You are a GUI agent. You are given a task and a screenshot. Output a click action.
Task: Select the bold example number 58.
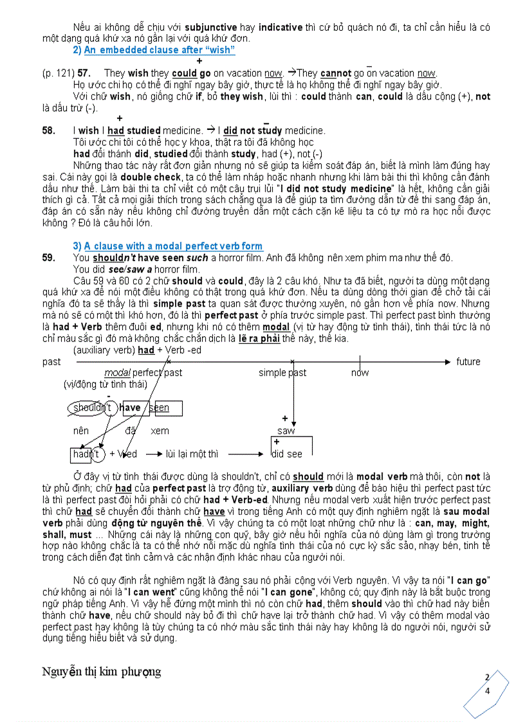pyautogui.click(x=49, y=131)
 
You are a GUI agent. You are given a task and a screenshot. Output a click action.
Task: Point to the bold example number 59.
pyautogui.click(x=49, y=258)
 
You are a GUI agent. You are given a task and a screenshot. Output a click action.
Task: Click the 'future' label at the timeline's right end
pyautogui.click(x=468, y=361)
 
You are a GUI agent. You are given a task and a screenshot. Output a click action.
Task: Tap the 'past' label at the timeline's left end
pyautogui.click(x=51, y=361)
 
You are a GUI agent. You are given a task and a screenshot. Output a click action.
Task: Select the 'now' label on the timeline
pyautogui.click(x=360, y=373)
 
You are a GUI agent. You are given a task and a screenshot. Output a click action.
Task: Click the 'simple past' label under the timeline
pyautogui.click(x=282, y=373)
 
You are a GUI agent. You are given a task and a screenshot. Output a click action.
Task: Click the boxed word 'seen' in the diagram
pyautogui.click(x=160, y=408)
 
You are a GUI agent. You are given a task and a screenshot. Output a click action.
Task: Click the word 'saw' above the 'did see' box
pyautogui.click(x=286, y=431)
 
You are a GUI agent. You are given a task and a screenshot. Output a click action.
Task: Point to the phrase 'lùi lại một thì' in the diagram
pyautogui.click(x=192, y=454)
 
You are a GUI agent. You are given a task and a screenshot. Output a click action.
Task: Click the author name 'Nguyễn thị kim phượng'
pyautogui.click(x=102, y=672)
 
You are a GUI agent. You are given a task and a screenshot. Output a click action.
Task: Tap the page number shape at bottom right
pyautogui.click(x=487, y=692)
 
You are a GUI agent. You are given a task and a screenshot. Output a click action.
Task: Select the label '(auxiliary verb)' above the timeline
pyautogui.click(x=104, y=350)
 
